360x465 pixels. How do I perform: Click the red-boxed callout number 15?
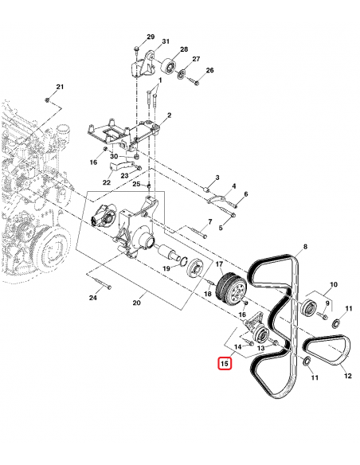point(225,365)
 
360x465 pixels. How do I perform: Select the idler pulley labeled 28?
point(169,65)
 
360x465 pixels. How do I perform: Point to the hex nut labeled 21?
point(48,100)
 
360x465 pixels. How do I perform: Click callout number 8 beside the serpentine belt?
point(304,248)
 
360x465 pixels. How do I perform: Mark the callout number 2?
point(169,115)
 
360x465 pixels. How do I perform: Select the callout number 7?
point(210,221)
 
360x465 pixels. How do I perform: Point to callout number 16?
point(93,162)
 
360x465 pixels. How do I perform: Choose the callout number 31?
point(166,41)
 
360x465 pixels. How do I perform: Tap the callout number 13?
point(260,349)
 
